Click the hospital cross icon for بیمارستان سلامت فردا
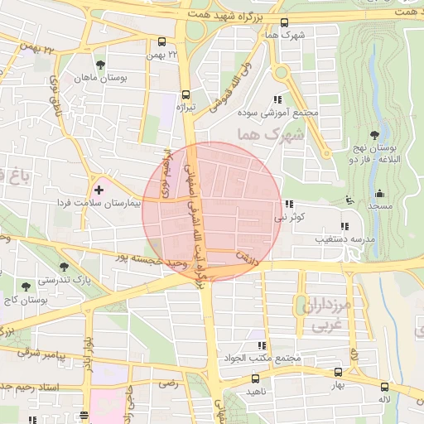coord(99,190)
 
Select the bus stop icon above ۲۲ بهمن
coord(161,41)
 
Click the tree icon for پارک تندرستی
coord(64,267)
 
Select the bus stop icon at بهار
coord(337,373)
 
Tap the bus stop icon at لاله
coord(383,387)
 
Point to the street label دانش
coord(245,258)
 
